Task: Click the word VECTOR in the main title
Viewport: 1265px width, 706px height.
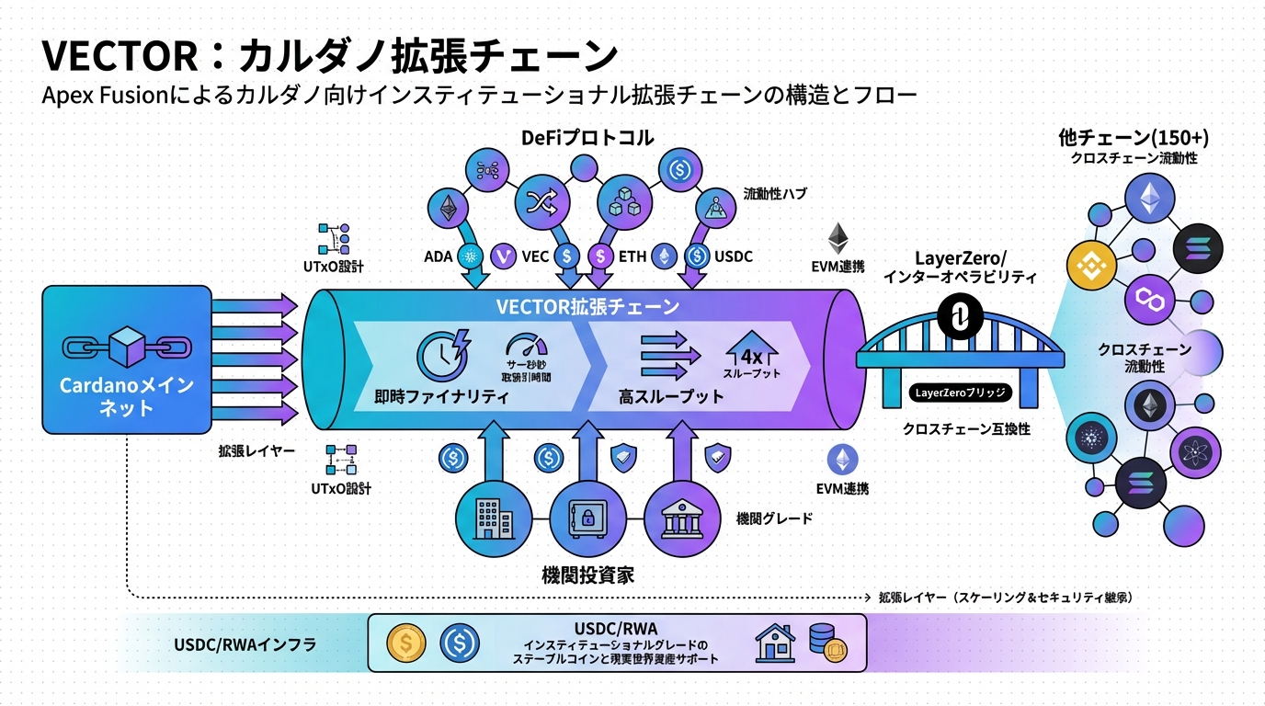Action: pyautogui.click(x=119, y=56)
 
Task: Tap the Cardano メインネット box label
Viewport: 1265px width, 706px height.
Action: pyautogui.click(x=127, y=395)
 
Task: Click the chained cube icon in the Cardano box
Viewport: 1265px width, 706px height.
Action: pyautogui.click(x=127, y=347)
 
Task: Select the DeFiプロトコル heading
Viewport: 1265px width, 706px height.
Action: pyautogui.click(x=587, y=139)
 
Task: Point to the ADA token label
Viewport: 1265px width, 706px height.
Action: pyautogui.click(x=438, y=256)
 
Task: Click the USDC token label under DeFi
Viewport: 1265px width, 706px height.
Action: pyautogui.click(x=734, y=256)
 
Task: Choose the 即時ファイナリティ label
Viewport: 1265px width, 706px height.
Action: pyautogui.click(x=442, y=398)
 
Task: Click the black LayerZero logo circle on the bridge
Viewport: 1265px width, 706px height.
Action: pyautogui.click(x=958, y=319)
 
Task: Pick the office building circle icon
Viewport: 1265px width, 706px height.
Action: pyautogui.click(x=494, y=519)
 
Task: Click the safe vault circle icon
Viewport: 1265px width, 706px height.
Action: pyautogui.click(x=587, y=519)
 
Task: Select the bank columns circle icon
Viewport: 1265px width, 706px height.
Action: pyautogui.click(x=681, y=519)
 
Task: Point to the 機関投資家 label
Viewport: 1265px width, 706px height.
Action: pyautogui.click(x=587, y=576)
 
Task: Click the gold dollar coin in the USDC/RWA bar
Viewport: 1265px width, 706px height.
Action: pyautogui.click(x=405, y=643)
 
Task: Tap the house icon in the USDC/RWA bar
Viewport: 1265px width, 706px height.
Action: pyautogui.click(x=774, y=643)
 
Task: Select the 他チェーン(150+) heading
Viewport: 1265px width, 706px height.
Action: pyautogui.click(x=1134, y=139)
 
